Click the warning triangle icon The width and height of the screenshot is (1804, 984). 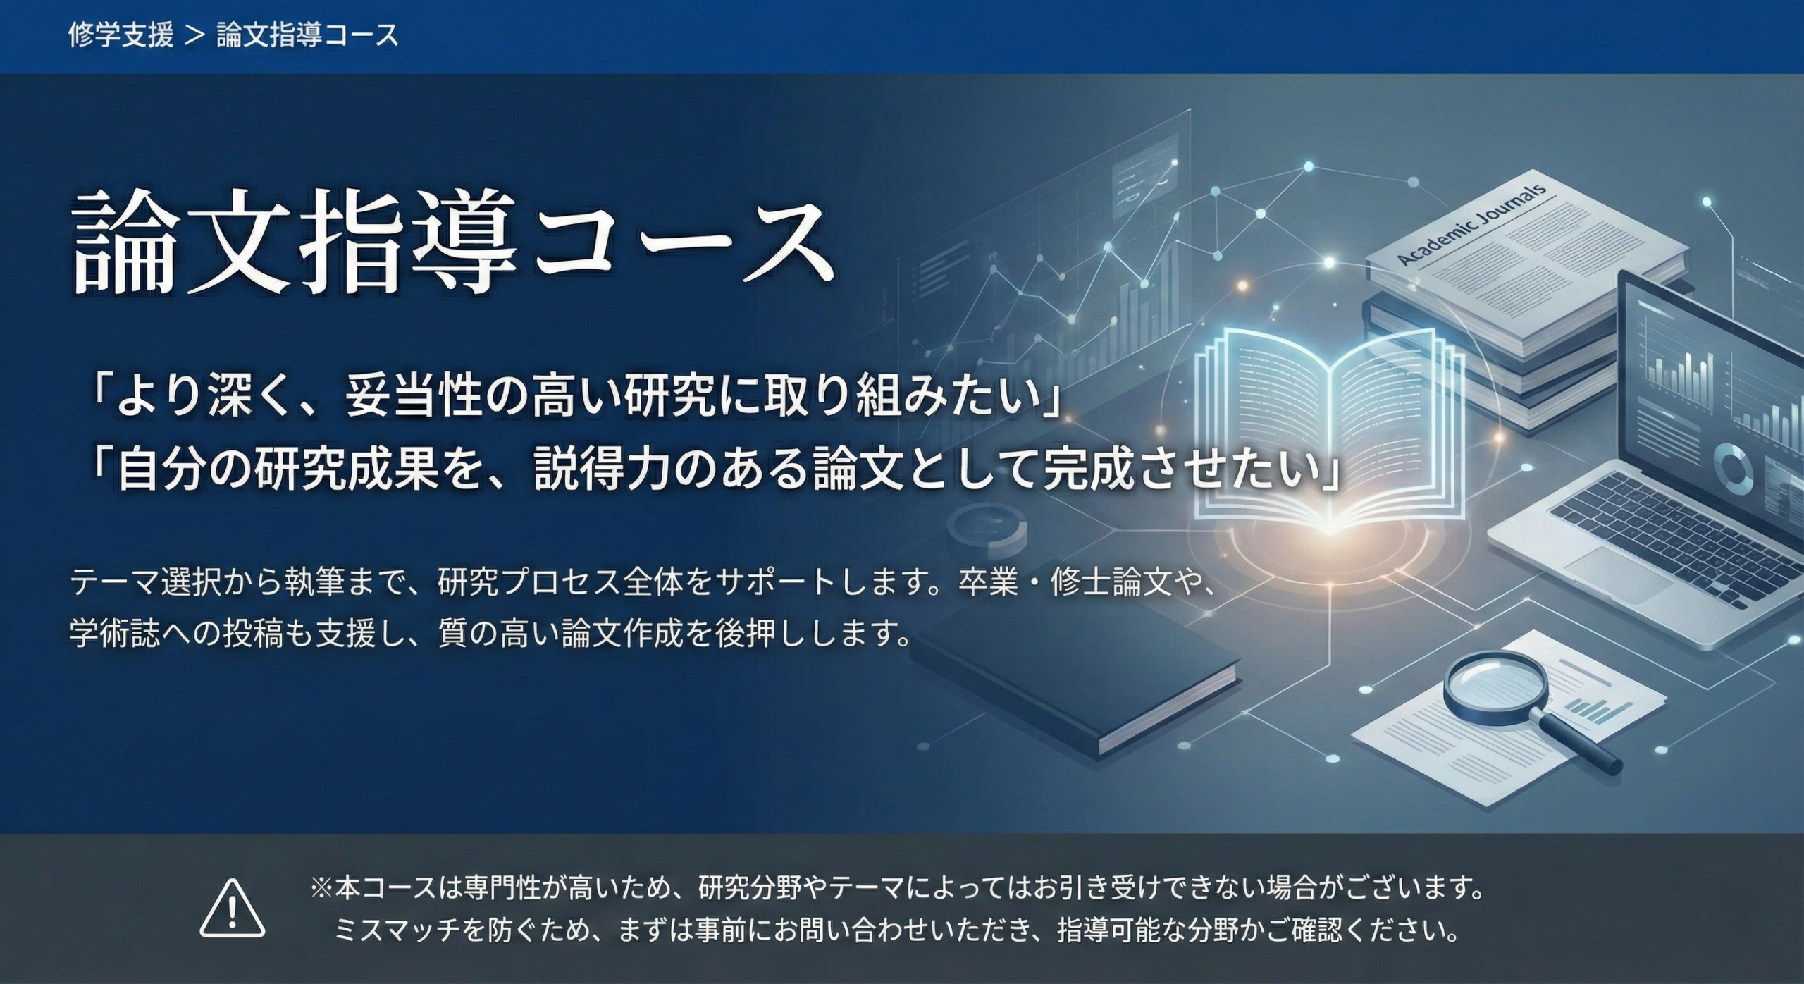(233, 909)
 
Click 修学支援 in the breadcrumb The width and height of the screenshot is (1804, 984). (121, 35)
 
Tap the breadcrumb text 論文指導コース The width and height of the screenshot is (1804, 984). (307, 35)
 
